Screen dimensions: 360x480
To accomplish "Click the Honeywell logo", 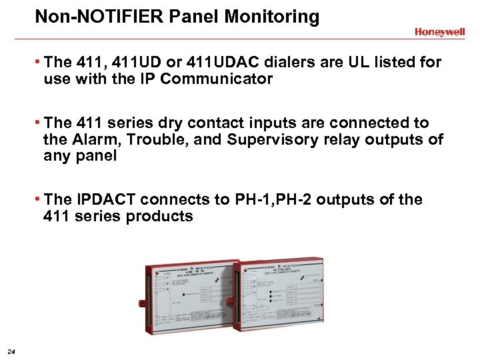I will [x=439, y=31].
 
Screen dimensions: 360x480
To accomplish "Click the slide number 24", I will [x=11, y=351].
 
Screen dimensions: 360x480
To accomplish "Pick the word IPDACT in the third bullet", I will [x=107, y=200].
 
